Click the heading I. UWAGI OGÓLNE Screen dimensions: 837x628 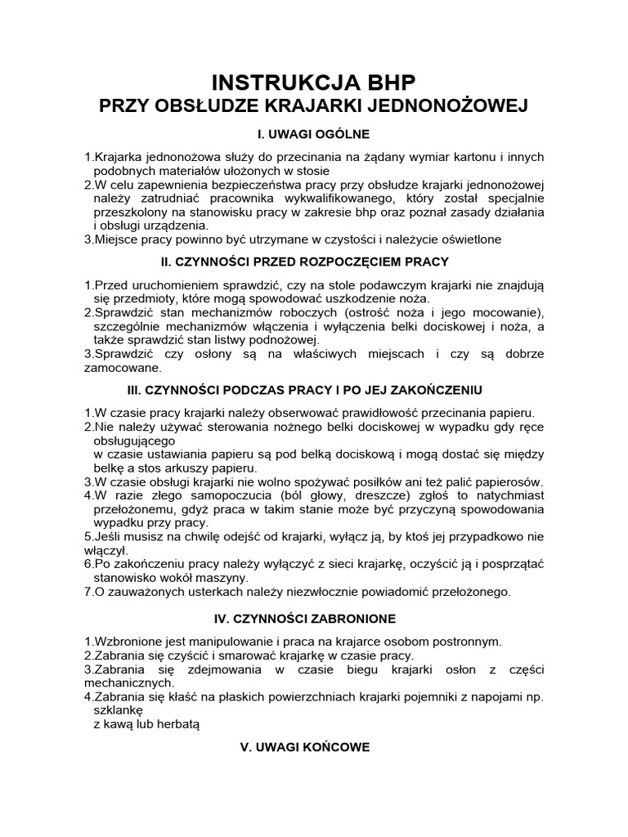314,132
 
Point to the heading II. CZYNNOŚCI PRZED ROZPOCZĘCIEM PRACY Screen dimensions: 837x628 314,262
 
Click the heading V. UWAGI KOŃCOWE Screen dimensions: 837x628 314,746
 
